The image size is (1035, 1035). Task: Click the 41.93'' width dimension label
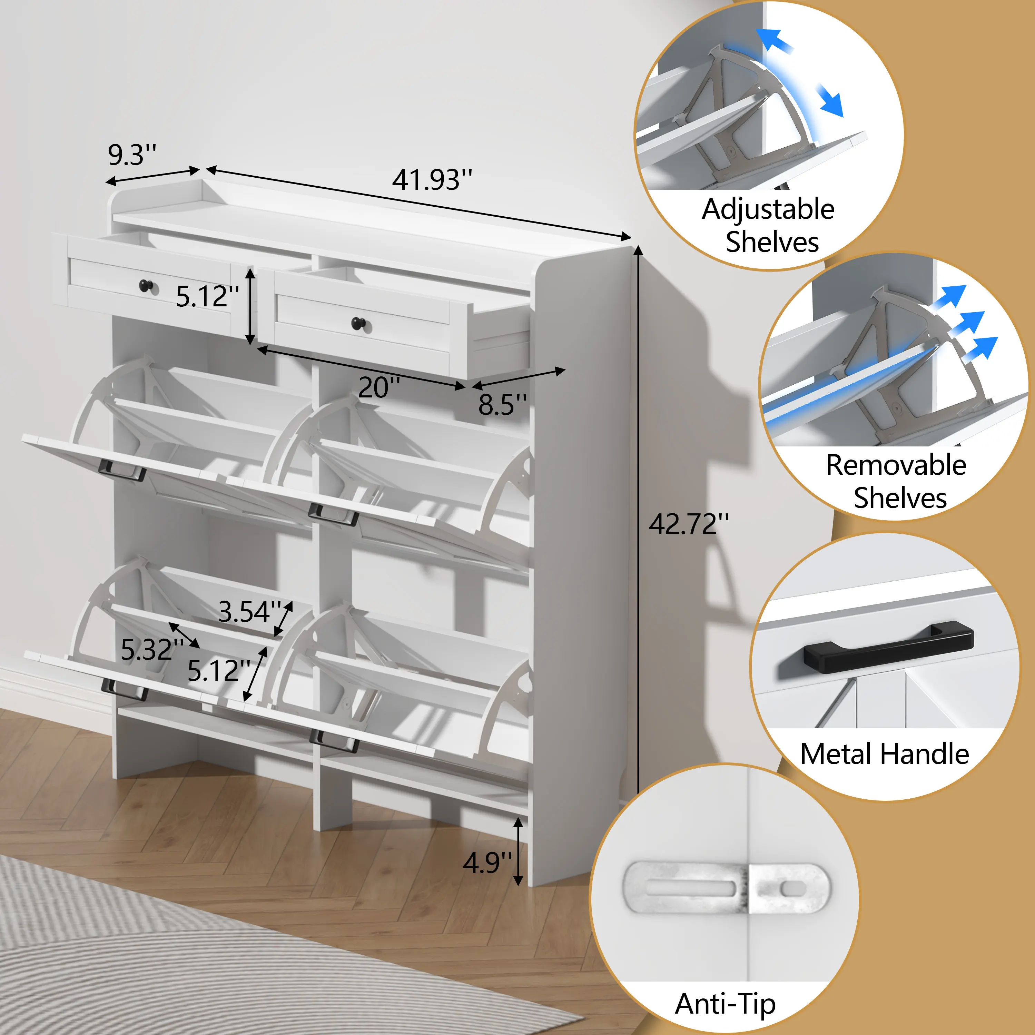click(x=432, y=180)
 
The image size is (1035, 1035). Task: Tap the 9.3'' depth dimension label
click(x=132, y=155)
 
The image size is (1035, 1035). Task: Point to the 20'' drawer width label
click(x=379, y=387)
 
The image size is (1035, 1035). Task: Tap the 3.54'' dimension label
click(x=250, y=612)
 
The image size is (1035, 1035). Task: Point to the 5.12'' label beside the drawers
click(x=208, y=297)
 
